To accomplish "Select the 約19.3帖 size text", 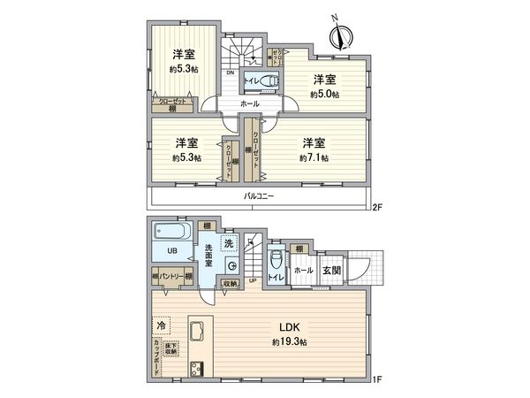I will point(289,341).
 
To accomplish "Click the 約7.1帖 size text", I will point(314,157).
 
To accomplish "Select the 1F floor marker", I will point(377,380).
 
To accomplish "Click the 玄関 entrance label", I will point(330,271).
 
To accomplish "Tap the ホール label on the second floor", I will point(249,104).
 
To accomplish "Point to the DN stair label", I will point(231,72).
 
